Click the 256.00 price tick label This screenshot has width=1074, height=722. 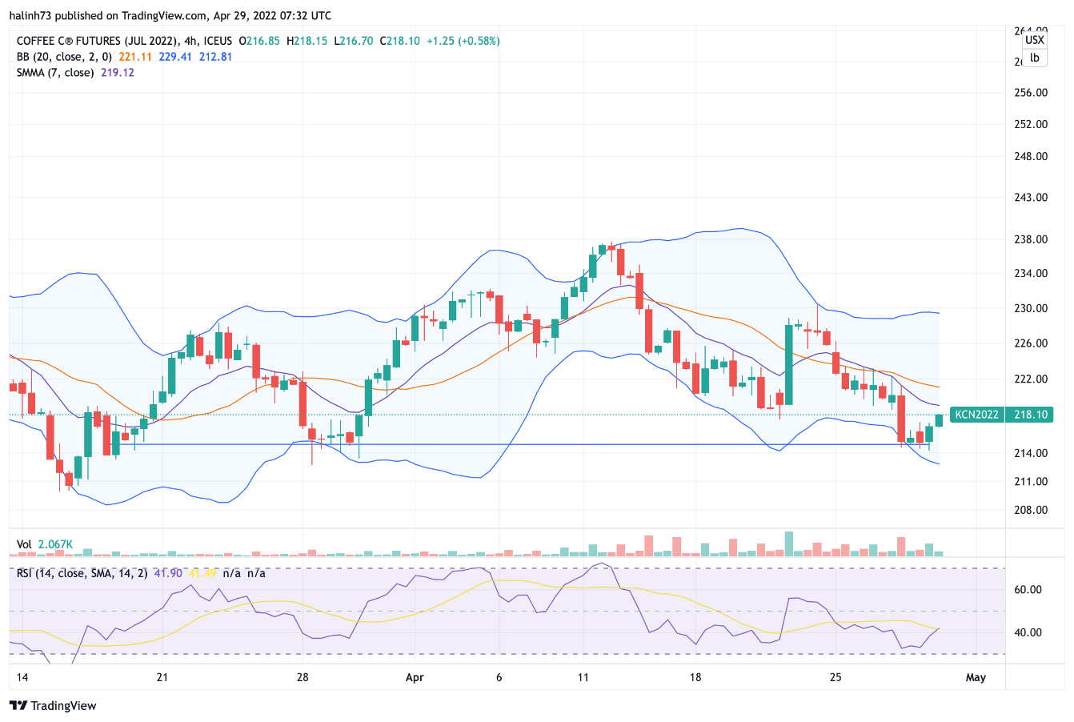pyautogui.click(x=1031, y=93)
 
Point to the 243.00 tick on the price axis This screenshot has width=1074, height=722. pyautogui.click(x=1031, y=198)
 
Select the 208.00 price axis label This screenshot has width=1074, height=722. pyautogui.click(x=1031, y=510)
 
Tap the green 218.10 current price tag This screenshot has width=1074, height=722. pyautogui.click(x=1030, y=415)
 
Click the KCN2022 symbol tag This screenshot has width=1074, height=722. pyautogui.click(x=977, y=415)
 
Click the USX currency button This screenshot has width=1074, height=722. pyautogui.click(x=1035, y=40)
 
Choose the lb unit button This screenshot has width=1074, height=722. pyautogui.click(x=1035, y=58)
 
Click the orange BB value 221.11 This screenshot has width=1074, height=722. pyautogui.click(x=135, y=57)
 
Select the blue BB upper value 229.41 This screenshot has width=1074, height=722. pyautogui.click(x=175, y=57)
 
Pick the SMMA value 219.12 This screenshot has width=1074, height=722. pyautogui.click(x=118, y=73)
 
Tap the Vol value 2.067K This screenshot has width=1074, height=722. pyautogui.click(x=55, y=544)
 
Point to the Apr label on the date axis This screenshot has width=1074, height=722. pyautogui.click(x=415, y=677)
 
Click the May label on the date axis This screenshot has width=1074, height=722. pyautogui.click(x=976, y=677)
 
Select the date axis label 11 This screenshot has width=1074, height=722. pyautogui.click(x=583, y=677)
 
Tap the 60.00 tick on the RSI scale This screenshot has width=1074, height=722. pyautogui.click(x=1028, y=590)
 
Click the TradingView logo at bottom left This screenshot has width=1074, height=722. pyautogui.click(x=53, y=705)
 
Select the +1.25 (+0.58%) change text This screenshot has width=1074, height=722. pyautogui.click(x=463, y=41)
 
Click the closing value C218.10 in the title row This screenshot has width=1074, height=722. pyautogui.click(x=399, y=41)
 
